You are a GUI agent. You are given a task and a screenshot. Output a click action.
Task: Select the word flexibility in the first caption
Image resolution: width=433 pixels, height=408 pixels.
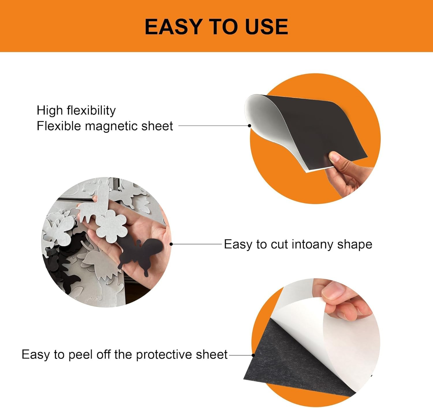coord(91,110)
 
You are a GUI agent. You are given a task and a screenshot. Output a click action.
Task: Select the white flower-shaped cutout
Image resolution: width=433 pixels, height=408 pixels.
coord(111,226)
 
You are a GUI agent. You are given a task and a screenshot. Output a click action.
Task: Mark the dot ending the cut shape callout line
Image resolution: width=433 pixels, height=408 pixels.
coord(171,244)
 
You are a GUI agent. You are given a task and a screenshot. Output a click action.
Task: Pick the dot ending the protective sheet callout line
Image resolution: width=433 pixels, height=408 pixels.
coord(253,355)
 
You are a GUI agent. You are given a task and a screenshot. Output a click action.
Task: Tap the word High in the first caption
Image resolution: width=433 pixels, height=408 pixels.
coord(49,110)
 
